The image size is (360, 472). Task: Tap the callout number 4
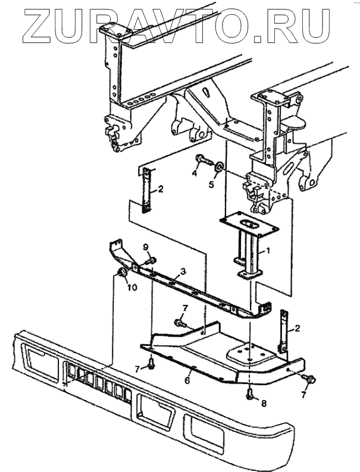[x=195, y=174]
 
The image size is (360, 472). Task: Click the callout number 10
[x=133, y=288]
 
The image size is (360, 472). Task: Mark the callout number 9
[x=145, y=247]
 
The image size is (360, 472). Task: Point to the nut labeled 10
[x=122, y=273]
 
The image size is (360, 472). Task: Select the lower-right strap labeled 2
[x=285, y=331]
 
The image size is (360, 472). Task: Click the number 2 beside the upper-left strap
[x=160, y=191]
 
